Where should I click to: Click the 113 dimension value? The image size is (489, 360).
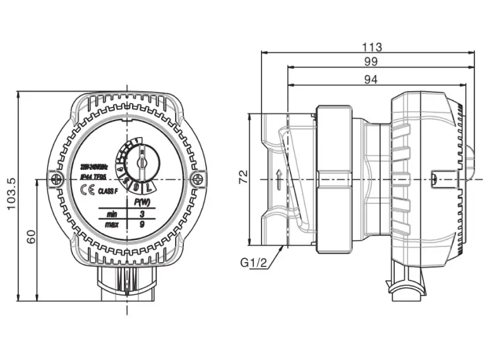pyautogui.click(x=373, y=47)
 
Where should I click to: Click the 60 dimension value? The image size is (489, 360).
pyautogui.click(x=31, y=237)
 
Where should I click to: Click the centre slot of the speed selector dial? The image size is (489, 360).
pyautogui.click(x=142, y=165)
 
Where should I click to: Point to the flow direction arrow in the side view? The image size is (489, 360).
pyautogui.click(x=278, y=179)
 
